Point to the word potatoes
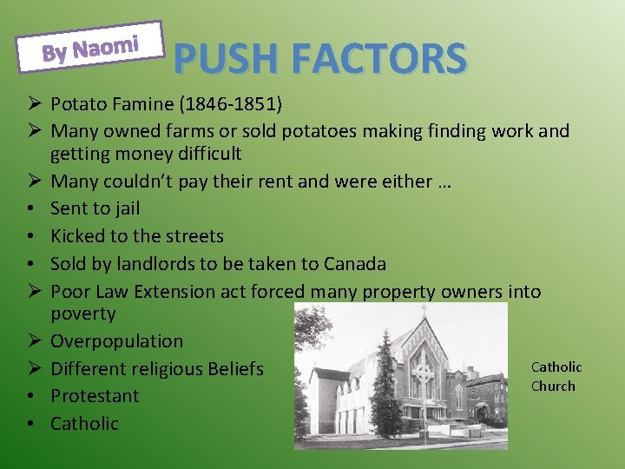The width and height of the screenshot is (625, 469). (x=331, y=131)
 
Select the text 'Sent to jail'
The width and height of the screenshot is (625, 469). (x=95, y=208)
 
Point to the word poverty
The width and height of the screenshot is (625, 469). (x=82, y=314)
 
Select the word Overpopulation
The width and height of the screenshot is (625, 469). (x=116, y=341)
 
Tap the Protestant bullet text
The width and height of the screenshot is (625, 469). (x=95, y=396)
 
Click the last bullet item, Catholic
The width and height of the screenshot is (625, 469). (x=84, y=424)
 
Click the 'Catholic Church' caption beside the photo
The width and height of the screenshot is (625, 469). (x=556, y=377)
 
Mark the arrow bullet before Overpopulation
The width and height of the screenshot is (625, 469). (x=30, y=341)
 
